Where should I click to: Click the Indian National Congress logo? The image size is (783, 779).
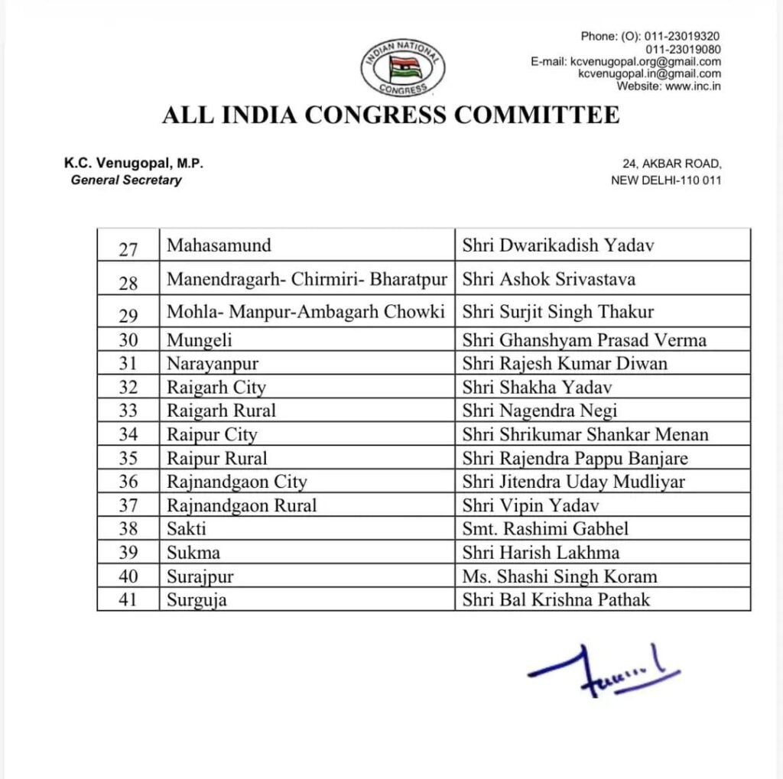403,67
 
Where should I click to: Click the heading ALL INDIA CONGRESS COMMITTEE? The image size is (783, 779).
391,115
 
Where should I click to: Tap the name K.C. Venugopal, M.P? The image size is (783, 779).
133,164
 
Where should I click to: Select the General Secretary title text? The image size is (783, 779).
126,180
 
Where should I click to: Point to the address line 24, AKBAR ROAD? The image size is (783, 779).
671,164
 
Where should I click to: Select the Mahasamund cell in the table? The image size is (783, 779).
219,245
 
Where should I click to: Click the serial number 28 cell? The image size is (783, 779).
128,282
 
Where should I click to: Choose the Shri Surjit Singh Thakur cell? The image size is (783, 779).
558,313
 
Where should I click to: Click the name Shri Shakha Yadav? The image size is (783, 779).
537,387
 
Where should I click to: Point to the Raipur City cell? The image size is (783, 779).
213,434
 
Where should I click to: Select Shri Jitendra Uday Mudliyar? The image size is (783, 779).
573,482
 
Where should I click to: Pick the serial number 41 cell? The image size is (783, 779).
128,599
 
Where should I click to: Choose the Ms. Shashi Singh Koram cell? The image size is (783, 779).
560,576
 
